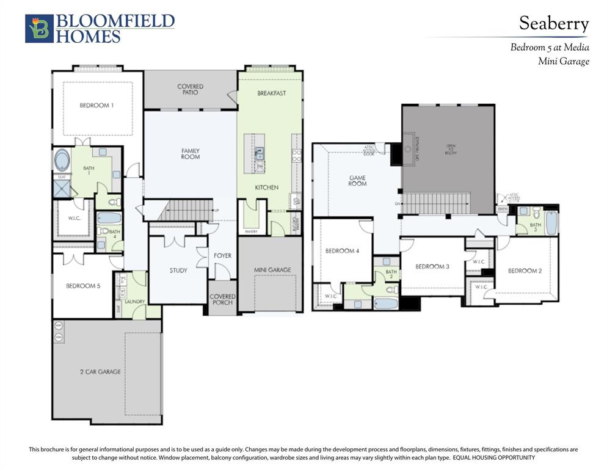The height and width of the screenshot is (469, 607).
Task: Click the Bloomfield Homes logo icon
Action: (39, 29)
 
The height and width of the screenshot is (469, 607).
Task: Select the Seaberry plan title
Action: (554, 24)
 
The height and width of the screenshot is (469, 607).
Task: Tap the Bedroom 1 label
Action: (96, 106)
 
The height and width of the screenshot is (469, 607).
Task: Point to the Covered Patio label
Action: (191, 89)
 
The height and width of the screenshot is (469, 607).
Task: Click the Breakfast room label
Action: (271, 93)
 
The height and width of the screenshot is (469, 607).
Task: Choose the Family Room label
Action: (191, 154)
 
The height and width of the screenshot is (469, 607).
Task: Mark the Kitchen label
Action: (266, 187)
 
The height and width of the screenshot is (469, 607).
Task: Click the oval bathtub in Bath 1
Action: (62, 161)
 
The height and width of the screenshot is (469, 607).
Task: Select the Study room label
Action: (178, 271)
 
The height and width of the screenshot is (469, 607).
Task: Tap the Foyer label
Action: (222, 255)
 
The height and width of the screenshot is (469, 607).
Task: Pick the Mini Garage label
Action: (272, 270)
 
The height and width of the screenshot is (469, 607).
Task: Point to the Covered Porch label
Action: (223, 300)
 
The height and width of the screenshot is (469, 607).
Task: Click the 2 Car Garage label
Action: (100, 371)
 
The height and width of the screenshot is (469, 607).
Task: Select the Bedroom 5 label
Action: (83, 286)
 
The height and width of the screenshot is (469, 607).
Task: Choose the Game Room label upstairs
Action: (357, 181)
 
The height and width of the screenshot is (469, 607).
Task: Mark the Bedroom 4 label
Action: (342, 251)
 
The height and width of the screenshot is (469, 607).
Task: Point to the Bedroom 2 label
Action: (525, 271)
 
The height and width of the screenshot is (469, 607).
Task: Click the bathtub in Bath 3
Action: (551, 224)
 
